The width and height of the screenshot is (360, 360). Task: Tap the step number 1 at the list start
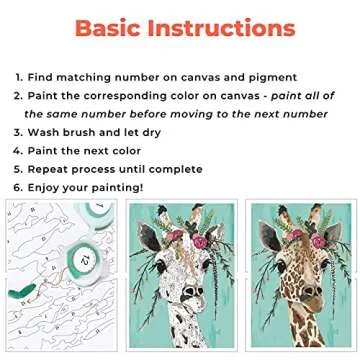coord(18,76)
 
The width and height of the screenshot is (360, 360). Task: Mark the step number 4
coord(18,150)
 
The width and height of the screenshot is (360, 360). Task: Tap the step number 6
coord(18,187)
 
